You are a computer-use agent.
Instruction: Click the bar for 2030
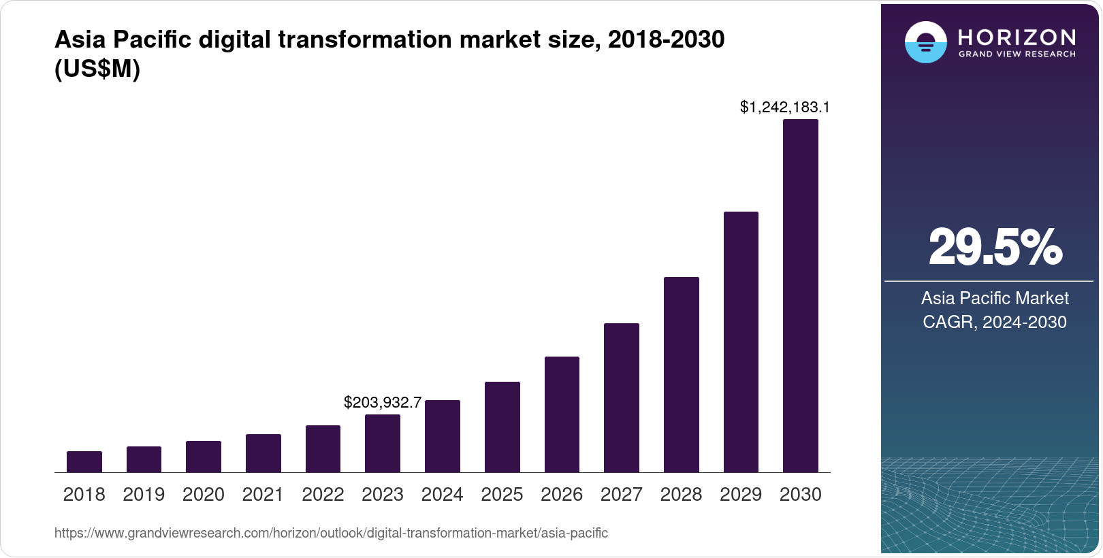point(800,296)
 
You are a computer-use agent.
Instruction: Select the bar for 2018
point(84,461)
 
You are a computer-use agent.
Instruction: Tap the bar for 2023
point(383,443)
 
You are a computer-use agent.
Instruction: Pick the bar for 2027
point(621,397)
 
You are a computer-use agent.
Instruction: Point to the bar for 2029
point(741,342)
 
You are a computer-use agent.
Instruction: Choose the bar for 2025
point(502,427)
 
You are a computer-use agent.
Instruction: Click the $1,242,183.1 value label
point(784,107)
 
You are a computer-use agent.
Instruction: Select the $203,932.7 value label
point(383,402)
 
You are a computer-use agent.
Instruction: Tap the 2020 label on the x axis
point(203,495)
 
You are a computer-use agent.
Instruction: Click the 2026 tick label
point(561,495)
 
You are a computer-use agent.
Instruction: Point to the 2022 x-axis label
point(323,495)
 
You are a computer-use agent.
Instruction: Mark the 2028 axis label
point(681,495)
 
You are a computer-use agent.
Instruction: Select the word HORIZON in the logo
point(1017,37)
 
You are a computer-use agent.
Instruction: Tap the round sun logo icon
point(925,42)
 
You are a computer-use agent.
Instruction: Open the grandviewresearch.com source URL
point(331,533)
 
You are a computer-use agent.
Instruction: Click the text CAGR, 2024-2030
point(994,322)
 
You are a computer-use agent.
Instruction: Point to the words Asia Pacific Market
point(995,298)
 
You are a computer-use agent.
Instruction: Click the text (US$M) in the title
point(97,69)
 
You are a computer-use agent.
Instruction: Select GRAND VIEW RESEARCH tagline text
point(1017,54)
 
